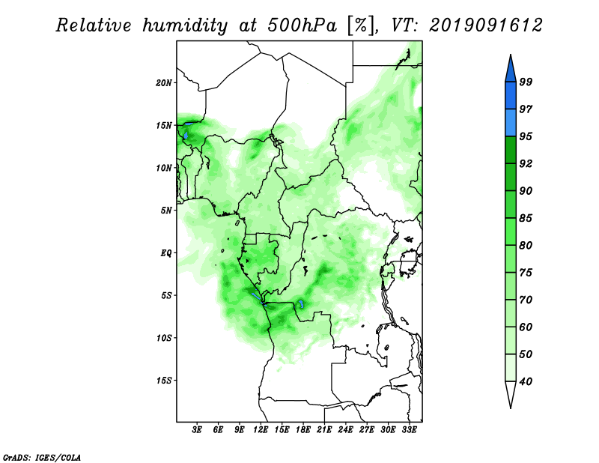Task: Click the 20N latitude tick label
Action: pos(164,83)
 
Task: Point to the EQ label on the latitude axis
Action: pos(166,253)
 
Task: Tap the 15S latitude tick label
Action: pos(164,381)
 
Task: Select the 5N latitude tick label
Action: pos(166,211)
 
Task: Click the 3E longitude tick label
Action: pos(197,429)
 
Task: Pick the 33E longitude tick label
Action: pos(409,429)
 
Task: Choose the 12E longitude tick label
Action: pos(261,429)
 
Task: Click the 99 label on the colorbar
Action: pos(526,82)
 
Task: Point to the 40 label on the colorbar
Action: pos(526,381)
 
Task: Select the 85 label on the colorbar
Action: pos(526,218)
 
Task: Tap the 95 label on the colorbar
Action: pos(526,136)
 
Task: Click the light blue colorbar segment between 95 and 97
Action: pos(511,123)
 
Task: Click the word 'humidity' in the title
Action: pos(185,26)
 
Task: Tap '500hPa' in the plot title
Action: pos(302,25)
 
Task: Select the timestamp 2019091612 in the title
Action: pos(485,25)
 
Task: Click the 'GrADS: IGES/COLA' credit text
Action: pos(42,457)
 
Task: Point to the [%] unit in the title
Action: pos(360,26)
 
